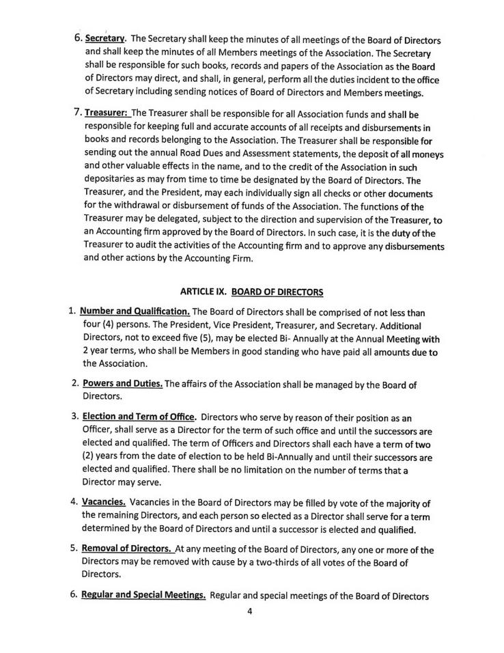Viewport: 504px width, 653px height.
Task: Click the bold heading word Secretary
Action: click(107, 38)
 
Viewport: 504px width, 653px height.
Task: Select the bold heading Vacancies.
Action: click(104, 501)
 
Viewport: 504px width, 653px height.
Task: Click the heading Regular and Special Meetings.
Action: click(144, 594)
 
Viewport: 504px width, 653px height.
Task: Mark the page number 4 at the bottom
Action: click(250, 612)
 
